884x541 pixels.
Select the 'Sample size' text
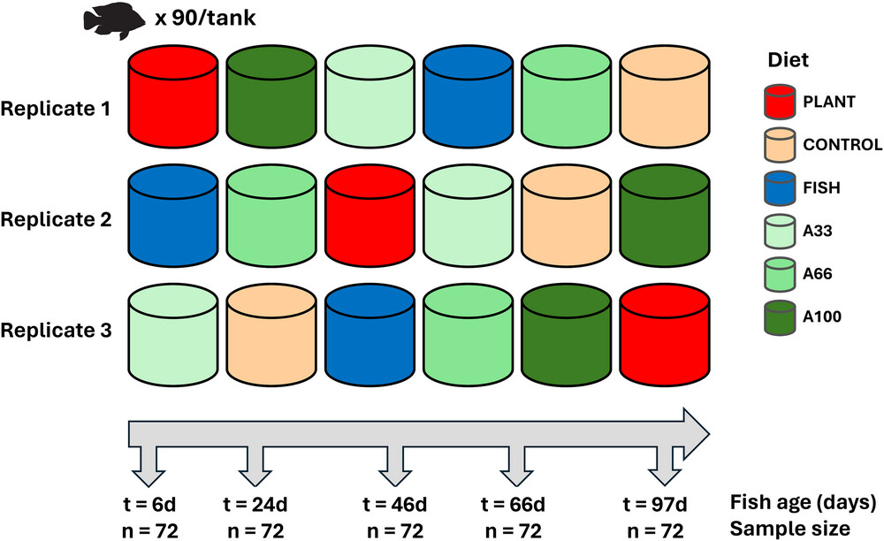click(789, 528)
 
